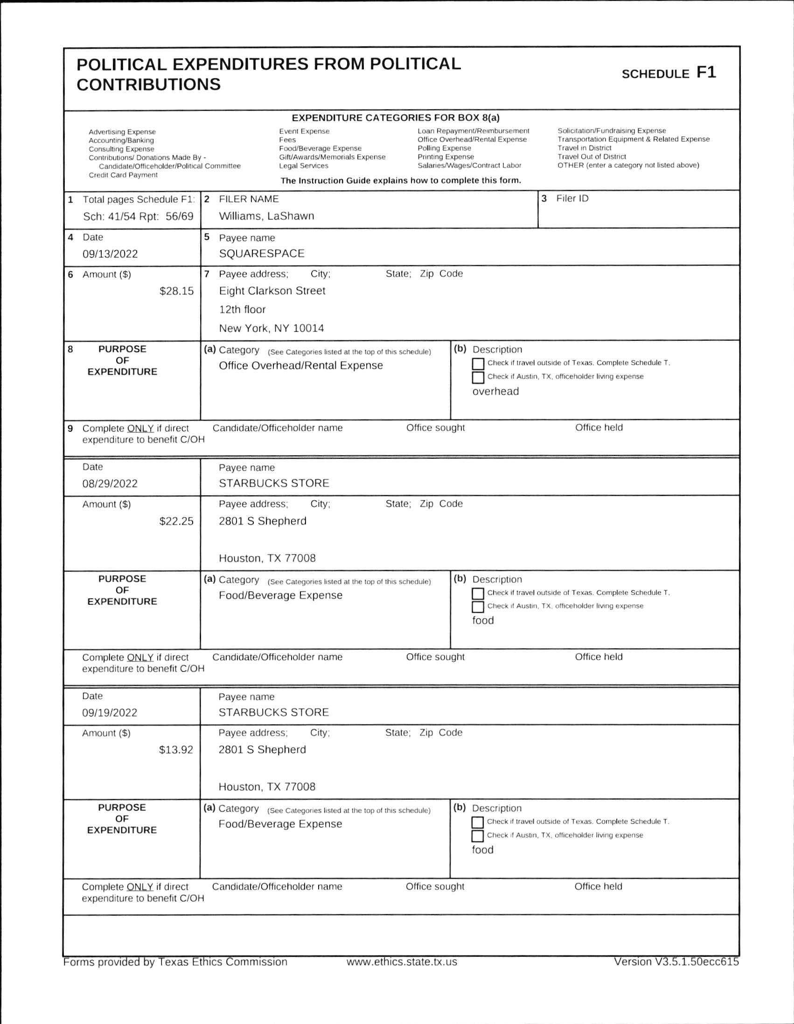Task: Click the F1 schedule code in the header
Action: [706, 73]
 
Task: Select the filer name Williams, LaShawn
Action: [266, 216]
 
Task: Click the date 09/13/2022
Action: [110, 254]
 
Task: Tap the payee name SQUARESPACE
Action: [262, 254]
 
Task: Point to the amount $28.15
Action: [176, 291]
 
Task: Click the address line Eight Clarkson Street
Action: [272, 291]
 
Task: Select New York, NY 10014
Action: [271, 328]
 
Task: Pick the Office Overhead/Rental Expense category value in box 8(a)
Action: [300, 366]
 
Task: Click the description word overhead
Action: [495, 392]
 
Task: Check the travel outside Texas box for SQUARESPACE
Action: [478, 364]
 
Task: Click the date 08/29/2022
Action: [110, 484]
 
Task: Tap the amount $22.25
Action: [176, 521]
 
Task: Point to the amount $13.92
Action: [176, 750]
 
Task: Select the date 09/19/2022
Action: [110, 713]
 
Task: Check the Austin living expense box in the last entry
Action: [477, 836]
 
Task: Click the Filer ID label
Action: [572, 198]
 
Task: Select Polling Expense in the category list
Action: [444, 148]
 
